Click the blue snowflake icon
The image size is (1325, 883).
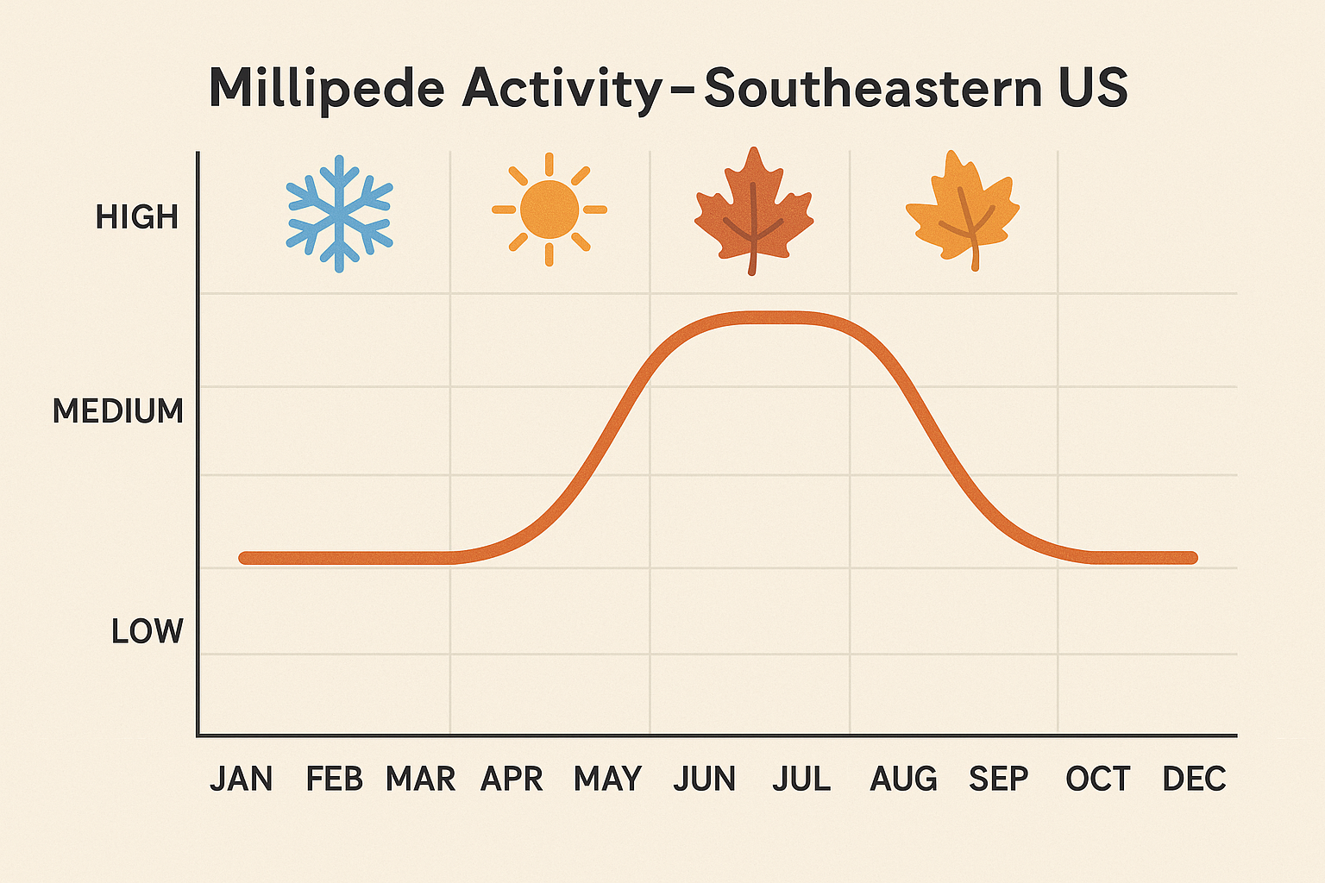click(339, 213)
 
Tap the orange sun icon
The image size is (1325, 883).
click(549, 210)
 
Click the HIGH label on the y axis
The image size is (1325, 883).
click(137, 217)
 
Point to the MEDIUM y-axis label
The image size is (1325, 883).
click(118, 411)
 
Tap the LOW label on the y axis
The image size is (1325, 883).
click(148, 631)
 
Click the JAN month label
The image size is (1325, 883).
click(242, 779)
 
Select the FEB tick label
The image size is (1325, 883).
click(335, 779)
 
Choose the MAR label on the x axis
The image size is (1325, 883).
click(420, 779)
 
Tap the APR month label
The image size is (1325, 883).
click(512, 779)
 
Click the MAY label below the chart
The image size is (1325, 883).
click(607, 779)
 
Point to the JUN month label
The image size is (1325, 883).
click(705, 779)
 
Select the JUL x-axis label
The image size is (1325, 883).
click(801, 779)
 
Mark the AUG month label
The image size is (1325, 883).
click(903, 779)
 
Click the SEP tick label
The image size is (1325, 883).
click(999, 779)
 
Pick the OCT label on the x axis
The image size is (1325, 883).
click(1097, 779)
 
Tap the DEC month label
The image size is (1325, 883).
click(1194, 779)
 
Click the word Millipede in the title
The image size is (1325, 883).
click(327, 89)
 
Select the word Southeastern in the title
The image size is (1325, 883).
click(873, 89)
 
